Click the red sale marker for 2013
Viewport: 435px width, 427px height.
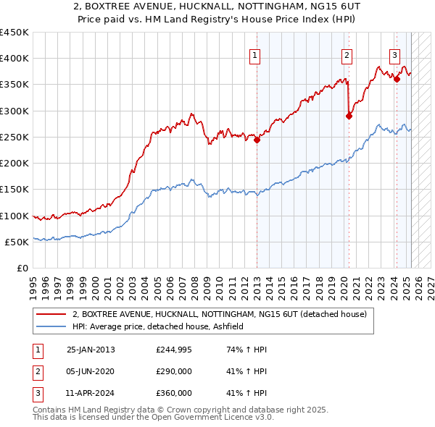click(x=257, y=140)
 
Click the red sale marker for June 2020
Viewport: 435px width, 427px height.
click(x=349, y=116)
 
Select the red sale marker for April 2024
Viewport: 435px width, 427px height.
click(x=397, y=80)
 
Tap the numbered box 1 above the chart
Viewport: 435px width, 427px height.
click(x=256, y=54)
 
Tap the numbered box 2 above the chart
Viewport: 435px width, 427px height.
click(x=347, y=54)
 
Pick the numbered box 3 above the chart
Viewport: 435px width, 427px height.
click(x=395, y=54)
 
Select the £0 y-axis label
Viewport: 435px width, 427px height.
click(x=22, y=268)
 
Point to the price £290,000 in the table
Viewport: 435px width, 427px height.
click(x=174, y=371)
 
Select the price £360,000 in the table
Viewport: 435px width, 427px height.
click(x=174, y=393)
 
